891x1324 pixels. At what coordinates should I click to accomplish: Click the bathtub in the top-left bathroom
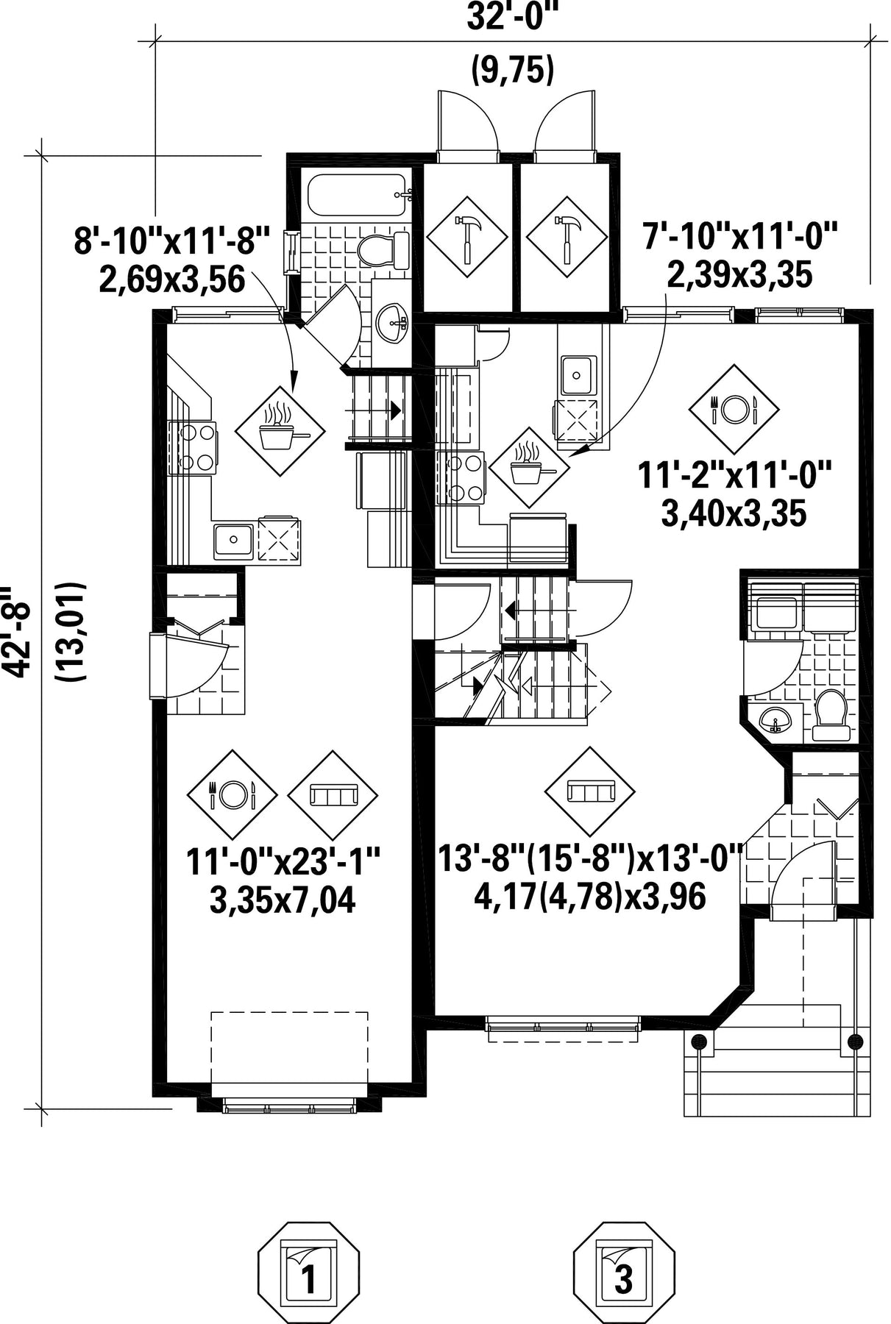[356, 195]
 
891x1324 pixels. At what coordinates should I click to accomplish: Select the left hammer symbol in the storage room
[467, 236]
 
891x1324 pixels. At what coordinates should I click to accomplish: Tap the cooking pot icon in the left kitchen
[280, 430]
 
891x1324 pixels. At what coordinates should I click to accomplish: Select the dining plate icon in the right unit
[734, 409]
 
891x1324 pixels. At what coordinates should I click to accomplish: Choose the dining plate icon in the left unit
[232, 795]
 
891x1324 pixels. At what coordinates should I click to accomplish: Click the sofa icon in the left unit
[333, 795]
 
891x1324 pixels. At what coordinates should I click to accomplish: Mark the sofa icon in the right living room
[590, 791]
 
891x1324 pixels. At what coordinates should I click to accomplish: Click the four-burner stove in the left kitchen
[193, 448]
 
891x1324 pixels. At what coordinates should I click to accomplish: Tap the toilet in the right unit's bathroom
[833, 713]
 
